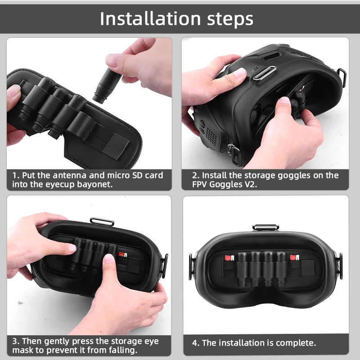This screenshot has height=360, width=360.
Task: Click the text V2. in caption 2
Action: pos(248,185)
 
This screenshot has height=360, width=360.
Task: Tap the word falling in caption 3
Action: pos(121,350)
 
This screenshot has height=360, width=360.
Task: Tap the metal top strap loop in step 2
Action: pos(264,73)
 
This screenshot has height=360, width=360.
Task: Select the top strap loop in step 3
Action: pos(102,221)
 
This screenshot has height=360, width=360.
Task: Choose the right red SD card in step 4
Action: pos(294,258)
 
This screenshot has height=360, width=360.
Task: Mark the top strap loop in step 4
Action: pos(265,227)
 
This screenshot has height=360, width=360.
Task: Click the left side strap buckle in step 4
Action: pos(192,260)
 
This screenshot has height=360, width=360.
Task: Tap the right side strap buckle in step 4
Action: pos(340,260)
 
